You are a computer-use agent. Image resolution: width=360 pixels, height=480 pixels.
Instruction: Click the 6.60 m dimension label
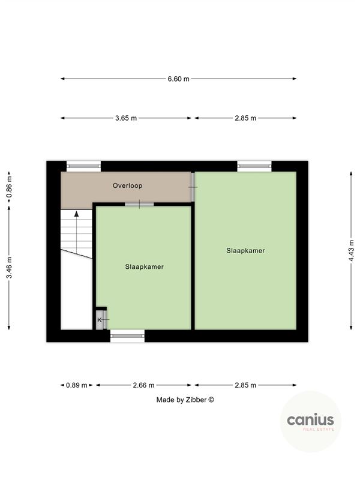(178, 79)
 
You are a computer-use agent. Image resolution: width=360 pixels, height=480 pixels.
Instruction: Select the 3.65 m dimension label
(126, 118)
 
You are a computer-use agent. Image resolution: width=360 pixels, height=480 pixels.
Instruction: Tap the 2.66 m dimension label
(143, 385)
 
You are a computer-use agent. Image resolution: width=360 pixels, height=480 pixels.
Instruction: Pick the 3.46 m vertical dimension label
(10, 271)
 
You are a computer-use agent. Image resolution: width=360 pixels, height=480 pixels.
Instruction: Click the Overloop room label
(127, 186)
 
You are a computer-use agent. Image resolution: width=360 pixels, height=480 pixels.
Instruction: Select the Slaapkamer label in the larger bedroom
(245, 250)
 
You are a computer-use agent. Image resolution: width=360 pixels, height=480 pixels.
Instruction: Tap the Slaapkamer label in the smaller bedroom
(144, 266)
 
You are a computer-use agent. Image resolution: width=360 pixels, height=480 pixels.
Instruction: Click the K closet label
(100, 320)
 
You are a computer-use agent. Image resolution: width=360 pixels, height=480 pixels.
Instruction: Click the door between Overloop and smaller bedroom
(139, 205)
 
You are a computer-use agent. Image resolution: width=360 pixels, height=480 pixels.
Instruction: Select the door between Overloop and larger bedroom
(193, 187)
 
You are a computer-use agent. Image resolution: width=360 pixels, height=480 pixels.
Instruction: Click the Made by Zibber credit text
(185, 400)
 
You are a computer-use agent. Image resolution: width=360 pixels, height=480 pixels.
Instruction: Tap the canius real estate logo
(310, 422)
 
